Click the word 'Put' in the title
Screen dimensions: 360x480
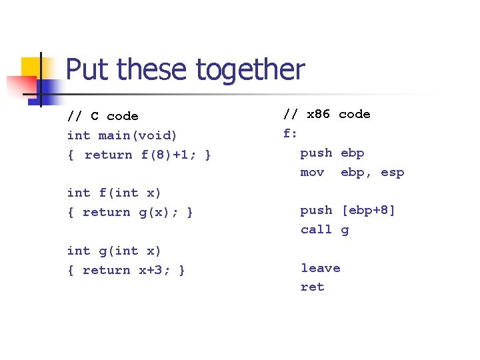(83, 69)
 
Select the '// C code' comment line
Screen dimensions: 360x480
(103, 117)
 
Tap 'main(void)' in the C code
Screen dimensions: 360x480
(138, 135)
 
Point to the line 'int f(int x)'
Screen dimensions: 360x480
(114, 193)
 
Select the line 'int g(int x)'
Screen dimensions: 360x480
(114, 251)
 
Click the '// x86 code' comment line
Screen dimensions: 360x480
(327, 114)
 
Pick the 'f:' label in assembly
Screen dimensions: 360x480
(290, 133)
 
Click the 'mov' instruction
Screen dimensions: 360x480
(312, 172)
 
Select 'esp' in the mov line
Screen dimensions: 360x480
(393, 172)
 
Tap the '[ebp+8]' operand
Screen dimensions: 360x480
(369, 210)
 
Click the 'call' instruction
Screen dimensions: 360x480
(316, 229)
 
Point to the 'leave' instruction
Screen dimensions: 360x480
(320, 268)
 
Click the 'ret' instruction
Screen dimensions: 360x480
(312, 287)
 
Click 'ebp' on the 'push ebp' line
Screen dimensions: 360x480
(353, 153)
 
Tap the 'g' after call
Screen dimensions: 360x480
(345, 230)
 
